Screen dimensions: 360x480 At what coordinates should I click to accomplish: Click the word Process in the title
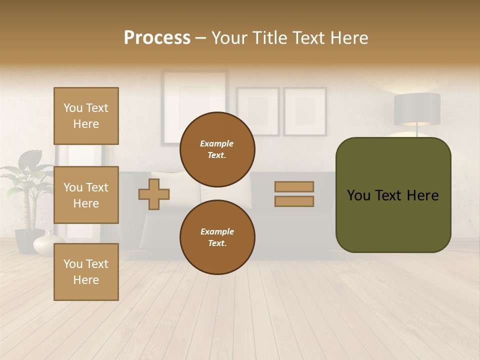[x=157, y=38]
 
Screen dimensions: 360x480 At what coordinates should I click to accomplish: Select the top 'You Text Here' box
[x=86, y=116]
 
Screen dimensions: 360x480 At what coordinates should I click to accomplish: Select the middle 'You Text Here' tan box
[x=86, y=195]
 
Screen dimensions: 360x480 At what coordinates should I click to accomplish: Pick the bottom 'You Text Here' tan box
[x=86, y=272]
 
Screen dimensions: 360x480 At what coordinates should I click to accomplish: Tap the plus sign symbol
[x=154, y=193]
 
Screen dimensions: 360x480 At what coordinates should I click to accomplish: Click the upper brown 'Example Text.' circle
[x=217, y=149]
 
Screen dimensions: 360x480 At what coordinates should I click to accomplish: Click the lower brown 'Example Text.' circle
[x=217, y=237]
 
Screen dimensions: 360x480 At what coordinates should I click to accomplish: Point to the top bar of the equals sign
[x=294, y=186]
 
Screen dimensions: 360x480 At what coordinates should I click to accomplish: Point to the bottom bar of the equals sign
[x=294, y=201]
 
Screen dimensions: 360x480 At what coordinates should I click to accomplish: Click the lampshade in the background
[x=417, y=108]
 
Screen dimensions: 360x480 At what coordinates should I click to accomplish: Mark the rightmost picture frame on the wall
[x=305, y=111]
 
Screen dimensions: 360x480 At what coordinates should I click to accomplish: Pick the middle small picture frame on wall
[x=257, y=111]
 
